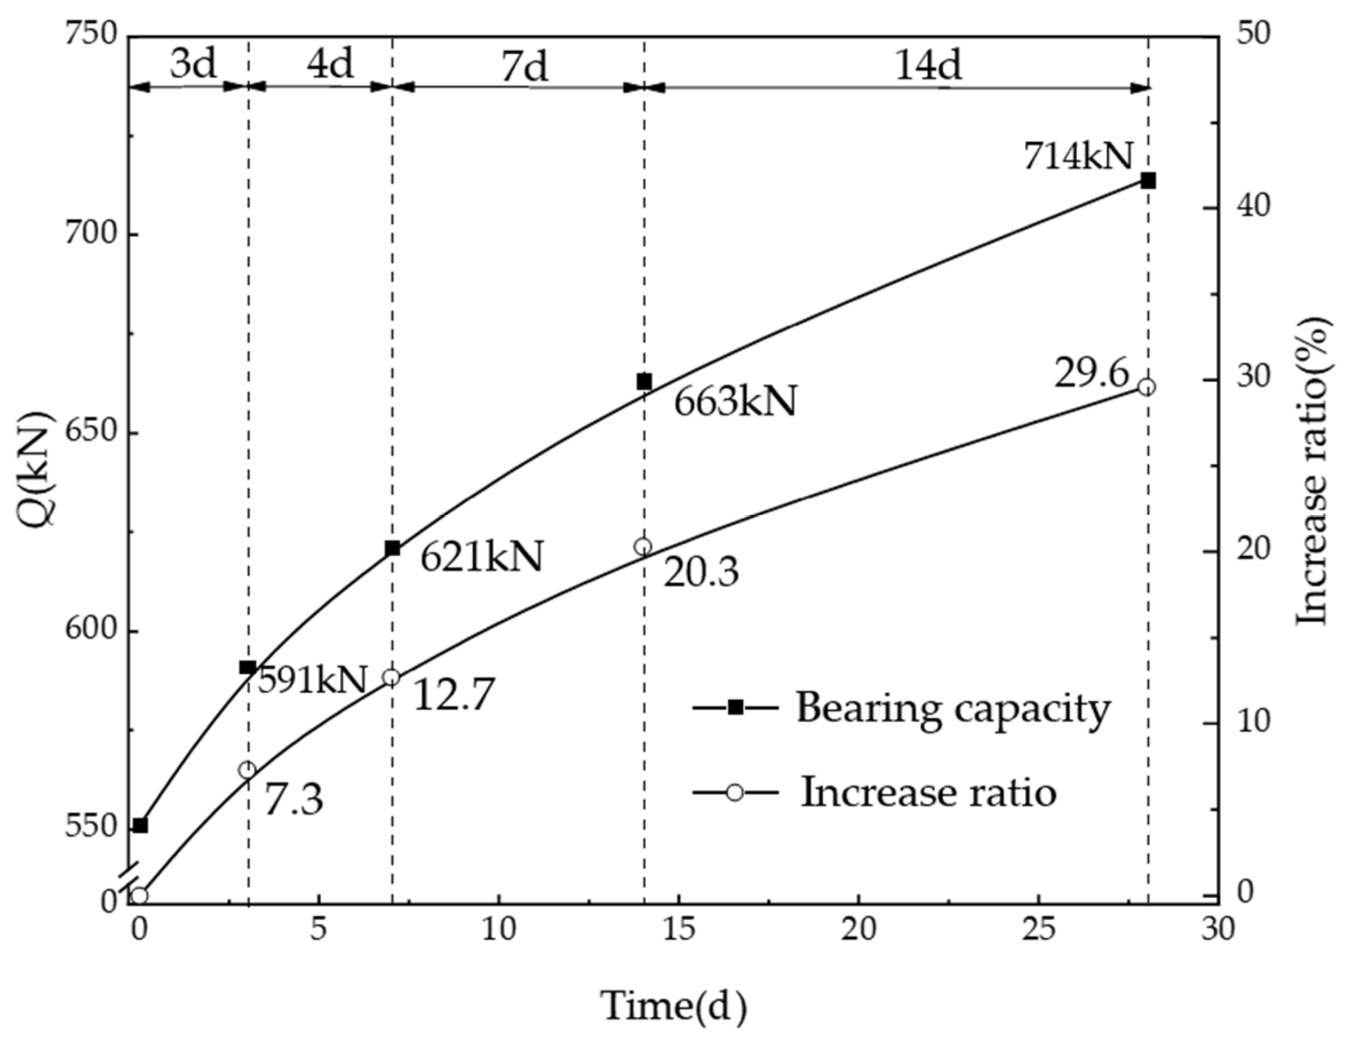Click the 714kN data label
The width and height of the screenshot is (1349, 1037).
[1077, 156]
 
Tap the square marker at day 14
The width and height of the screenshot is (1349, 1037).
[644, 382]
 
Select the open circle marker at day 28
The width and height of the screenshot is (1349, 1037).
[1147, 387]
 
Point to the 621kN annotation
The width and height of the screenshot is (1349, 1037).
[481, 556]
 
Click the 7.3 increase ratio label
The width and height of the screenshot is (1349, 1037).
[294, 801]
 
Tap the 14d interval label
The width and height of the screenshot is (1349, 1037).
[928, 64]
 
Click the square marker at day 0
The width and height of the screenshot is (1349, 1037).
[140, 825]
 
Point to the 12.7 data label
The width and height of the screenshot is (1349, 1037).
[454, 694]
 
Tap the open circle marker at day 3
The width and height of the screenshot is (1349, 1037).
[247, 770]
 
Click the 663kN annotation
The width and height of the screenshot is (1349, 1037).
[735, 402]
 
